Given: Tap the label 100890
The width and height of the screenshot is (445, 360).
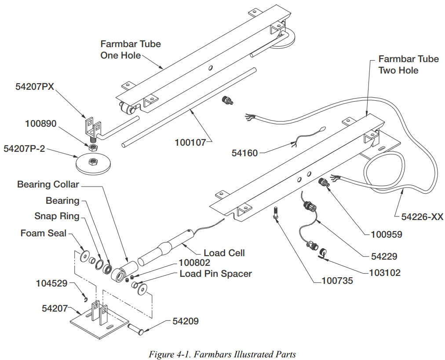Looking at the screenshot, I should (x=40, y=124).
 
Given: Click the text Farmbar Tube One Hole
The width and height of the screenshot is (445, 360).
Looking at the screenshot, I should (x=131, y=50).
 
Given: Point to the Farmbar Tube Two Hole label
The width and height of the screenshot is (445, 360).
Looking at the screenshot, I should (x=409, y=65).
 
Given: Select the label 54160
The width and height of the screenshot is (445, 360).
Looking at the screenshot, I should (x=244, y=153).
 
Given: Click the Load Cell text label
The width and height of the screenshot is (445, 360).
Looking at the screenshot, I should (x=224, y=253).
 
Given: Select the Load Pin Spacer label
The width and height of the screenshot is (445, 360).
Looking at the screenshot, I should (x=215, y=274).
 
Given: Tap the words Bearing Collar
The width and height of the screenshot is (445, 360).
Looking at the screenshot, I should (x=48, y=184).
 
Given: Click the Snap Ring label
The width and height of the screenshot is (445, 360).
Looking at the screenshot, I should (x=57, y=216).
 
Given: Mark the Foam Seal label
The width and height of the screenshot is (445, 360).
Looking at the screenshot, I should (x=43, y=233).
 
